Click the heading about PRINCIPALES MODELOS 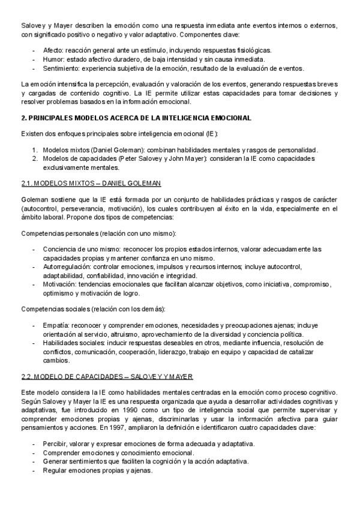click(x=136, y=117)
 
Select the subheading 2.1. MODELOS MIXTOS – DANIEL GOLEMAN click(x=90, y=182)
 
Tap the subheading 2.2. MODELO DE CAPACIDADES click(x=107, y=376)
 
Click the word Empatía click(x=55, y=325)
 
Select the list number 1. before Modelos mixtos click(x=36, y=149)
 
